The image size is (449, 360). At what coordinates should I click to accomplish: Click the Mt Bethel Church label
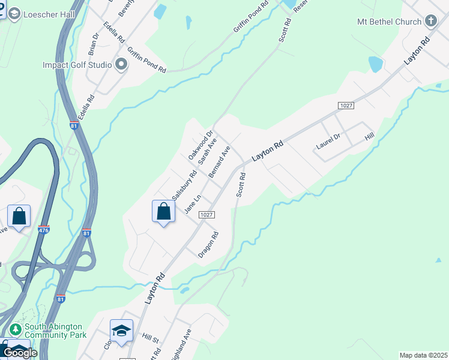[389, 22]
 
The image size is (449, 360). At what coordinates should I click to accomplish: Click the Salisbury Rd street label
[184, 186]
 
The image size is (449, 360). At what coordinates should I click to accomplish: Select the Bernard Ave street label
[219, 162]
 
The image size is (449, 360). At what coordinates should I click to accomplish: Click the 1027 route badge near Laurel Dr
[346, 106]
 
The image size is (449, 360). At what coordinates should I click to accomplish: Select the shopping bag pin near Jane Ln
[163, 211]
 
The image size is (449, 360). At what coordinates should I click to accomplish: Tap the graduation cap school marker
[121, 331]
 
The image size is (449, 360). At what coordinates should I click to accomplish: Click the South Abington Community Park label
[55, 331]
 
